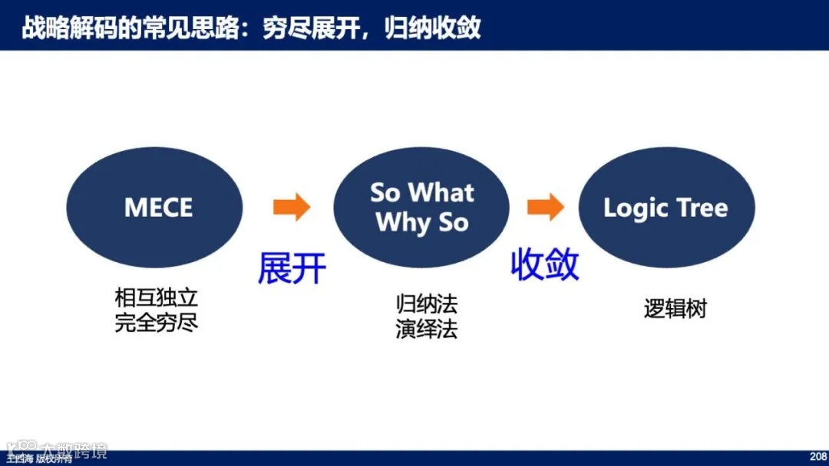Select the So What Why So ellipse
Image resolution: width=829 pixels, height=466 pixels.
421,208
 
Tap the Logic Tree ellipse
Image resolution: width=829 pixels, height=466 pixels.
666,208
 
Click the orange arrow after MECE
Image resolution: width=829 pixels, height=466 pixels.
291,207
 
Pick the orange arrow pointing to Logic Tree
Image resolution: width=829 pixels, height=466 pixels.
545,207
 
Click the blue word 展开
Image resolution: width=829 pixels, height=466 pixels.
292,268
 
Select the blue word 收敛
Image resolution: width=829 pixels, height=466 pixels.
545,265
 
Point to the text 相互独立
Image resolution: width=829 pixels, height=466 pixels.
157,297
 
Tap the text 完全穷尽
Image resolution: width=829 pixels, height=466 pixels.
157,322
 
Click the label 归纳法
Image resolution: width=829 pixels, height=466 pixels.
427,304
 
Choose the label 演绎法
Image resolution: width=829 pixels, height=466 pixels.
427,329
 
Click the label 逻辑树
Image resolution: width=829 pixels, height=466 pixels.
675,309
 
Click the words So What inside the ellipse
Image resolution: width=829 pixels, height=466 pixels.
421,192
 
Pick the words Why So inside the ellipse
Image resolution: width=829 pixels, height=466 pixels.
421,223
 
